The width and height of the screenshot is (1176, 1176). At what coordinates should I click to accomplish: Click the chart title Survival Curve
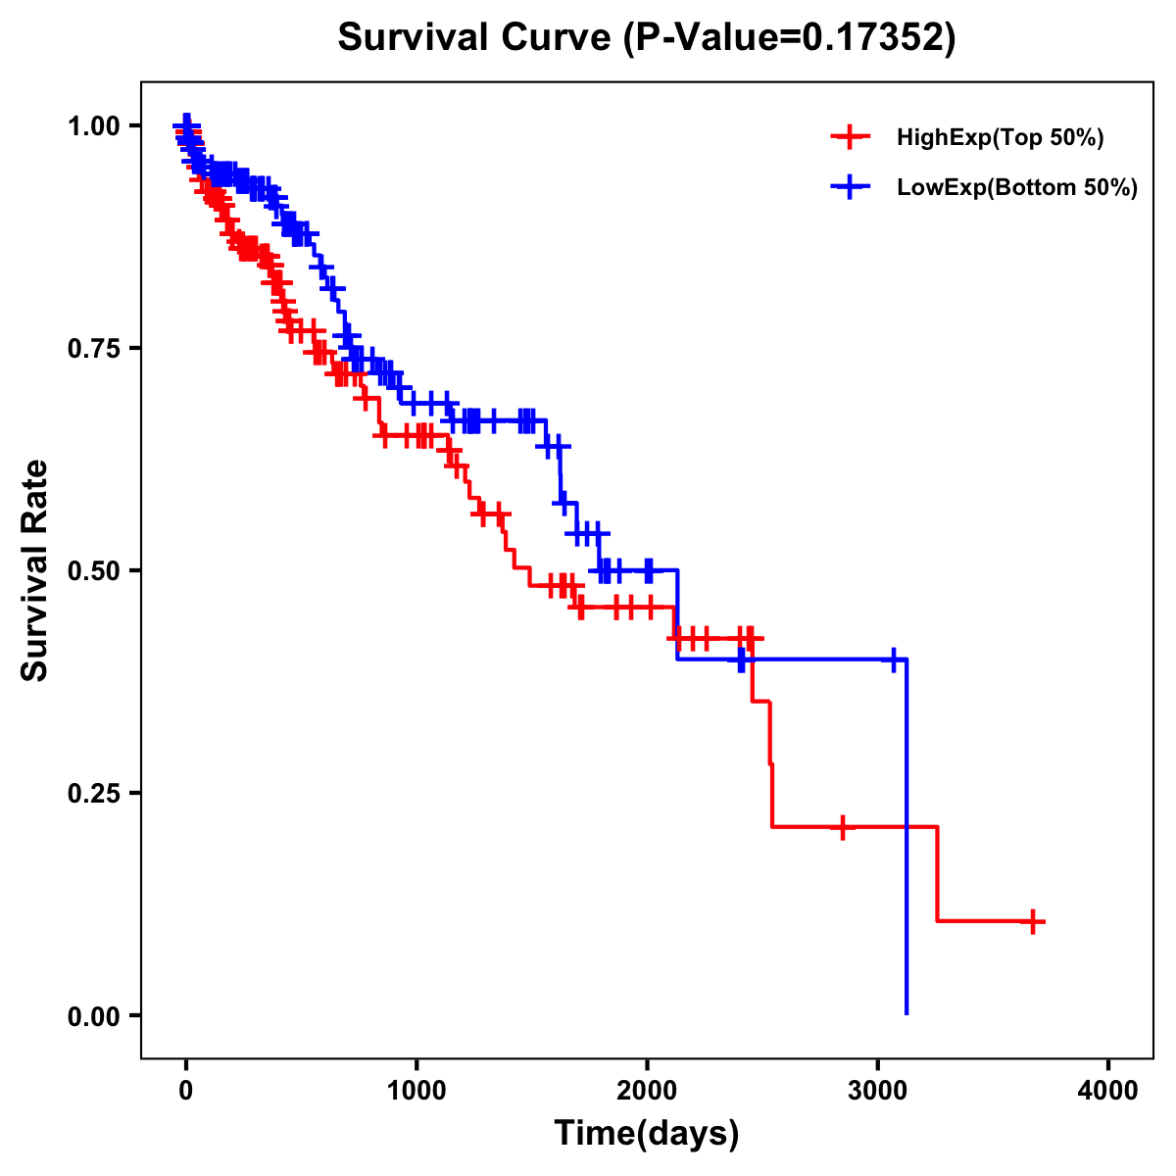click(646, 37)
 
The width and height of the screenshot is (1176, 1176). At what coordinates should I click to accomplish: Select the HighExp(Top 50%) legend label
click(1001, 138)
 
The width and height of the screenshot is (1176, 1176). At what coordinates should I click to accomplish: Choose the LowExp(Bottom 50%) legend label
click(1017, 188)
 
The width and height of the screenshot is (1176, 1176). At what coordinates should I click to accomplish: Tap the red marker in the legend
click(850, 137)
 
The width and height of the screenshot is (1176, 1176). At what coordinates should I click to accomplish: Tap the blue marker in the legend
click(850, 187)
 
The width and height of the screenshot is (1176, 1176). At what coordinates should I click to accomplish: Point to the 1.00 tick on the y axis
click(94, 125)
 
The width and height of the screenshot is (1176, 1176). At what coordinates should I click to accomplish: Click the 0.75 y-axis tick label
click(94, 348)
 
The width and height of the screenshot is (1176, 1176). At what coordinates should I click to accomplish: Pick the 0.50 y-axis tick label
click(94, 570)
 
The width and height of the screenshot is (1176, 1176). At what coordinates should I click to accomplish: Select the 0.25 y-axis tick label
click(94, 793)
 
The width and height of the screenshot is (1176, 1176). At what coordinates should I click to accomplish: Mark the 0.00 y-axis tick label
click(94, 1016)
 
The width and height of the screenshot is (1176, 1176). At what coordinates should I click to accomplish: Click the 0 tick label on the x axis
click(186, 1092)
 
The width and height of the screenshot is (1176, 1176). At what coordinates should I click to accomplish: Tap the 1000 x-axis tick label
click(416, 1092)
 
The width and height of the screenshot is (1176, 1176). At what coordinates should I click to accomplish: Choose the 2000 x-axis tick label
click(647, 1092)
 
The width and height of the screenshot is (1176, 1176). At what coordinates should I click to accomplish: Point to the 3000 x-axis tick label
click(878, 1092)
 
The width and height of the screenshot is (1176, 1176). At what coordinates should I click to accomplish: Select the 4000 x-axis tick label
click(1108, 1092)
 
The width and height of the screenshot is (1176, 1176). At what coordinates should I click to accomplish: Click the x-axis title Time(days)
click(647, 1134)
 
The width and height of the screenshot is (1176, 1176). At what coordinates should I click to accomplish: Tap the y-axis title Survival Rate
click(35, 570)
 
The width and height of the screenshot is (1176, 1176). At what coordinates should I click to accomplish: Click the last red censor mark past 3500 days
click(1033, 921)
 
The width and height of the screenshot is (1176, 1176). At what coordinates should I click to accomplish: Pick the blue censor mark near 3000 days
click(893, 660)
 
